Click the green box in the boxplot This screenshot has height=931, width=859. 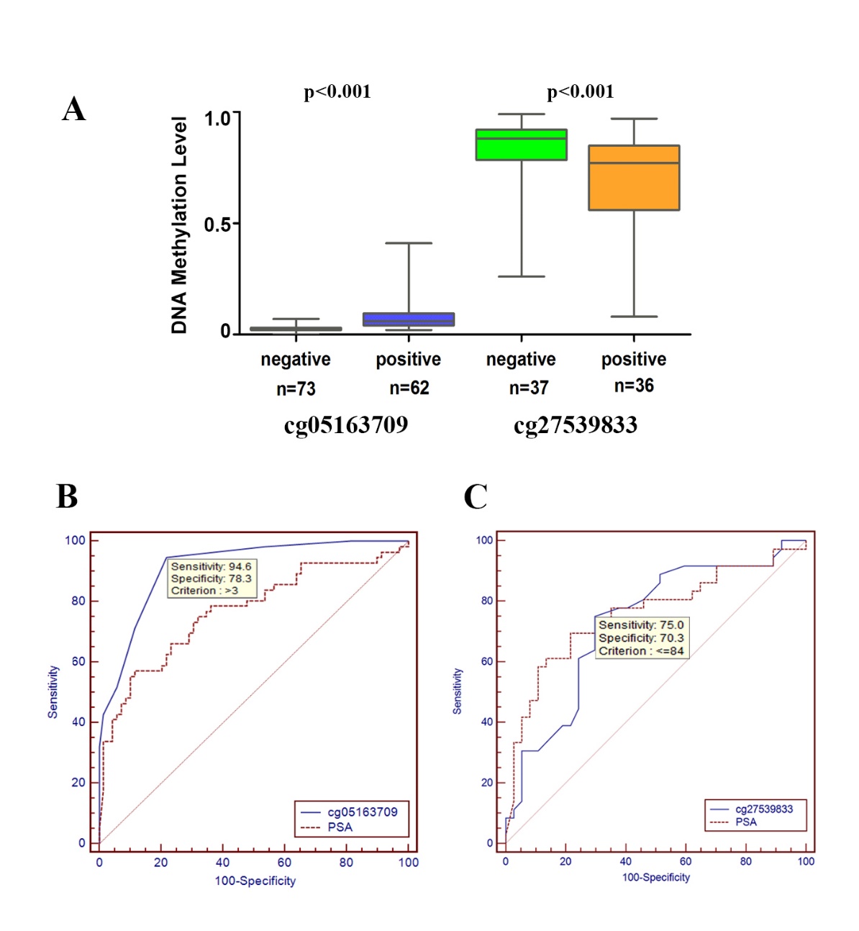pyautogui.click(x=521, y=145)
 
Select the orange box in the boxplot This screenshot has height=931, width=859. pyautogui.click(x=634, y=178)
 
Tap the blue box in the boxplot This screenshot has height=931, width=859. pyautogui.click(x=409, y=319)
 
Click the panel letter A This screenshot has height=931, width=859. pyautogui.click(x=74, y=110)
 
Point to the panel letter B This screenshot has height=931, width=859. pyautogui.click(x=67, y=496)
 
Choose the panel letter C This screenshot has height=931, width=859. pyautogui.click(x=476, y=496)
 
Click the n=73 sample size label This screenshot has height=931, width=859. pyautogui.click(x=296, y=389)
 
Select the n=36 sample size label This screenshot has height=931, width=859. pyautogui.click(x=634, y=386)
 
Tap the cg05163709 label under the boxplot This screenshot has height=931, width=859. pyautogui.click(x=346, y=425)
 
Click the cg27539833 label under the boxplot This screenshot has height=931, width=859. pyautogui.click(x=576, y=425)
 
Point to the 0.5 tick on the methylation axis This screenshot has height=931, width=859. pyautogui.click(x=217, y=225)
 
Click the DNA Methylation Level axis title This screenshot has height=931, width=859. pyautogui.click(x=179, y=225)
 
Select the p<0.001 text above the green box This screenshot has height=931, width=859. pyautogui.click(x=581, y=92)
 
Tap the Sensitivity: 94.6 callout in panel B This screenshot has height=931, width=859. pyautogui.click(x=211, y=567)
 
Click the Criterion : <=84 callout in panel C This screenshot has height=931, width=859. pyautogui.click(x=641, y=651)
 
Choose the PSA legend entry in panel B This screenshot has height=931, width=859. pyautogui.click(x=340, y=827)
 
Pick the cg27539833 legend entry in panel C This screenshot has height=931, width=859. pyautogui.click(x=764, y=809)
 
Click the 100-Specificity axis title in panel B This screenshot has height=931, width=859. pyautogui.click(x=255, y=881)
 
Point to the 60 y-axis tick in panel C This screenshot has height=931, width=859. pyautogui.click(x=487, y=661)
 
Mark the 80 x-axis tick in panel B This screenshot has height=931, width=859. pyautogui.click(x=346, y=862)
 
